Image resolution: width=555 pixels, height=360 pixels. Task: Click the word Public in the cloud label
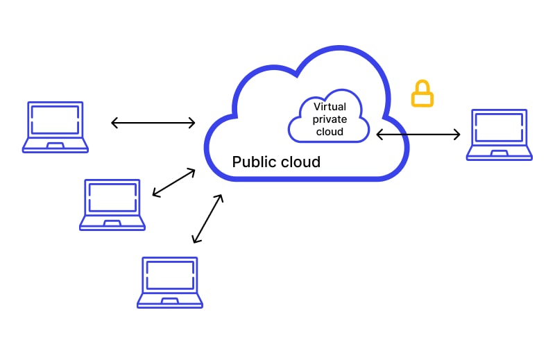point(254,162)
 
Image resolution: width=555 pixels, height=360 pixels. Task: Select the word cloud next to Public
point(300,162)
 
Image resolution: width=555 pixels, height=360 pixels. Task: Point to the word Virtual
point(330,107)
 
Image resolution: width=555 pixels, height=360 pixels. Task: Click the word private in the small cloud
point(330,119)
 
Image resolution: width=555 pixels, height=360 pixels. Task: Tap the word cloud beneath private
point(330,132)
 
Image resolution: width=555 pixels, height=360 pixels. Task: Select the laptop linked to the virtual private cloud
point(499,135)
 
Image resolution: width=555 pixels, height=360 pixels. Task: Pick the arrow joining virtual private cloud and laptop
point(418,134)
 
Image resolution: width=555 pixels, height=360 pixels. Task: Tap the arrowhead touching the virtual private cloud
point(380,134)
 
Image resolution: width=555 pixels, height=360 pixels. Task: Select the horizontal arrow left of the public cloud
point(153,123)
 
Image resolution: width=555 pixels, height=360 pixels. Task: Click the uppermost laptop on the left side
point(55,127)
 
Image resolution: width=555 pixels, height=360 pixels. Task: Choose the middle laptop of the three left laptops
point(112,205)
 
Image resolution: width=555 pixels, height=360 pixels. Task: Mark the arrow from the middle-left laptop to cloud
point(174,182)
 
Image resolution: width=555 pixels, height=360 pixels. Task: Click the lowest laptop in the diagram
point(170,282)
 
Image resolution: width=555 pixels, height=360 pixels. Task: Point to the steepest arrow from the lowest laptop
point(207,218)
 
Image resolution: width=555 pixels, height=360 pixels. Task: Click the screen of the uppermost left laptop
point(55,119)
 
